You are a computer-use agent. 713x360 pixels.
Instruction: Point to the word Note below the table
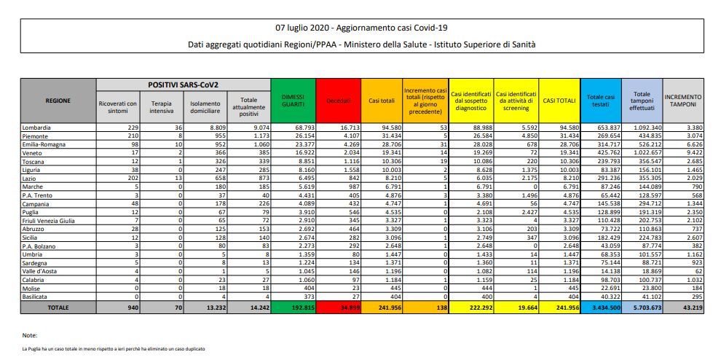point(29,334)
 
